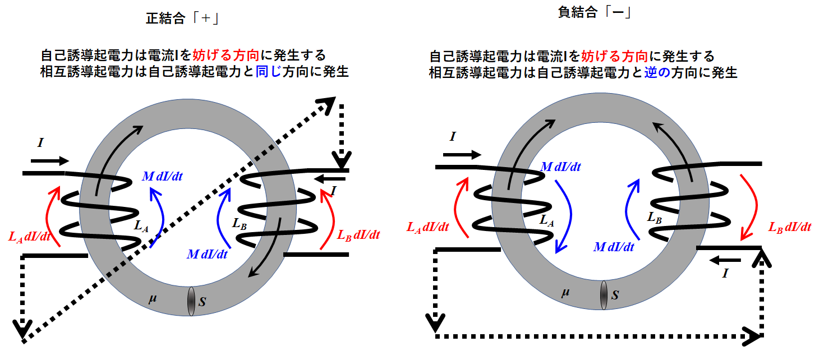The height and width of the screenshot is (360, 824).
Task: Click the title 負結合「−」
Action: pos(596,12)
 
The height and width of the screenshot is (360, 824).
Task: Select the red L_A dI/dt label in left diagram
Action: pos(30,236)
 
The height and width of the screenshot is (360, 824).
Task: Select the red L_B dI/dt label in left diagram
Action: pos(359,235)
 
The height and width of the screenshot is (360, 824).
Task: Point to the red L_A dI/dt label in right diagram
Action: pos(428,227)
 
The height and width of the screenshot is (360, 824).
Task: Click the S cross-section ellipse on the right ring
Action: pos(604,295)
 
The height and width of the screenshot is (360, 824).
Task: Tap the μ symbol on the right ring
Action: pos(565,292)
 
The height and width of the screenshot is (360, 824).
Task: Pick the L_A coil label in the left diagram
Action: pos(142,226)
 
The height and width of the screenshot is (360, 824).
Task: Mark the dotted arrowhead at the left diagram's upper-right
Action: pos(326,104)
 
